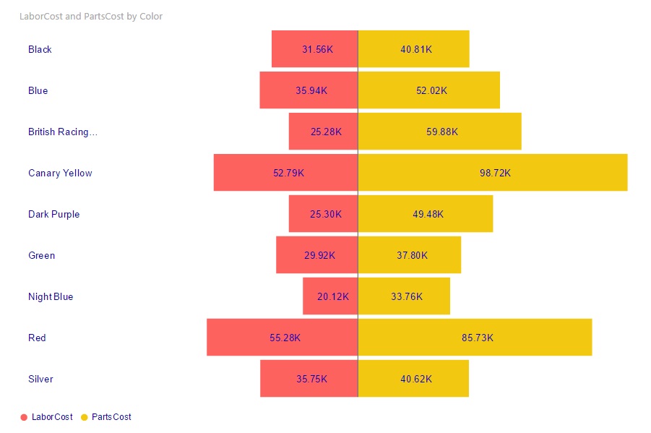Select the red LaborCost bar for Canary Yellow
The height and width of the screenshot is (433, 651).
(x=246, y=172)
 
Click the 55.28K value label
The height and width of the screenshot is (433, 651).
(x=285, y=338)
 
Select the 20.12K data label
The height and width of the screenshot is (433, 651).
(x=333, y=296)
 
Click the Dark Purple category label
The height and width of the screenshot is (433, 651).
(x=53, y=214)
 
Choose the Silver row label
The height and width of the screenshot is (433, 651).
(x=40, y=379)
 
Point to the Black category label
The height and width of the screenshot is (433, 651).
(x=40, y=49)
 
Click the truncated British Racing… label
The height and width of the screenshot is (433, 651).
(x=62, y=132)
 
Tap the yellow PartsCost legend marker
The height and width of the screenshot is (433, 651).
(x=84, y=417)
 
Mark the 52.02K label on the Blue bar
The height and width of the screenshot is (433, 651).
(x=431, y=90)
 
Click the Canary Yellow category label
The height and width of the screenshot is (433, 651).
(x=60, y=173)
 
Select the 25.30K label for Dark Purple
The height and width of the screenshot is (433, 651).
(x=326, y=214)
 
